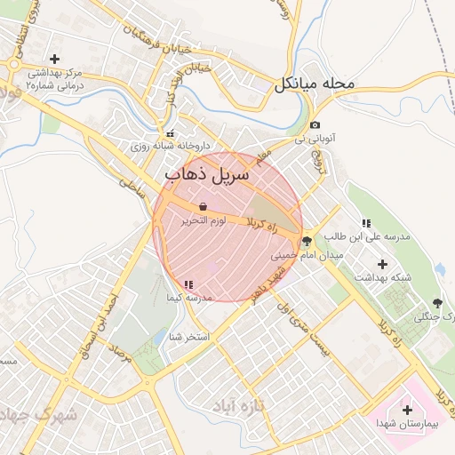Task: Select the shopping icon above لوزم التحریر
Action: coord(204,206)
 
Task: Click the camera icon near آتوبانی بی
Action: coord(315,125)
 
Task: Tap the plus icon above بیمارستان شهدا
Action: coord(407,410)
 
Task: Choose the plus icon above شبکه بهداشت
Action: coord(383,264)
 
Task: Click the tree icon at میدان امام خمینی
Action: coord(307,241)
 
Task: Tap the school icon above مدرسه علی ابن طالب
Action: coord(365,223)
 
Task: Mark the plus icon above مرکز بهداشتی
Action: coord(55,59)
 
